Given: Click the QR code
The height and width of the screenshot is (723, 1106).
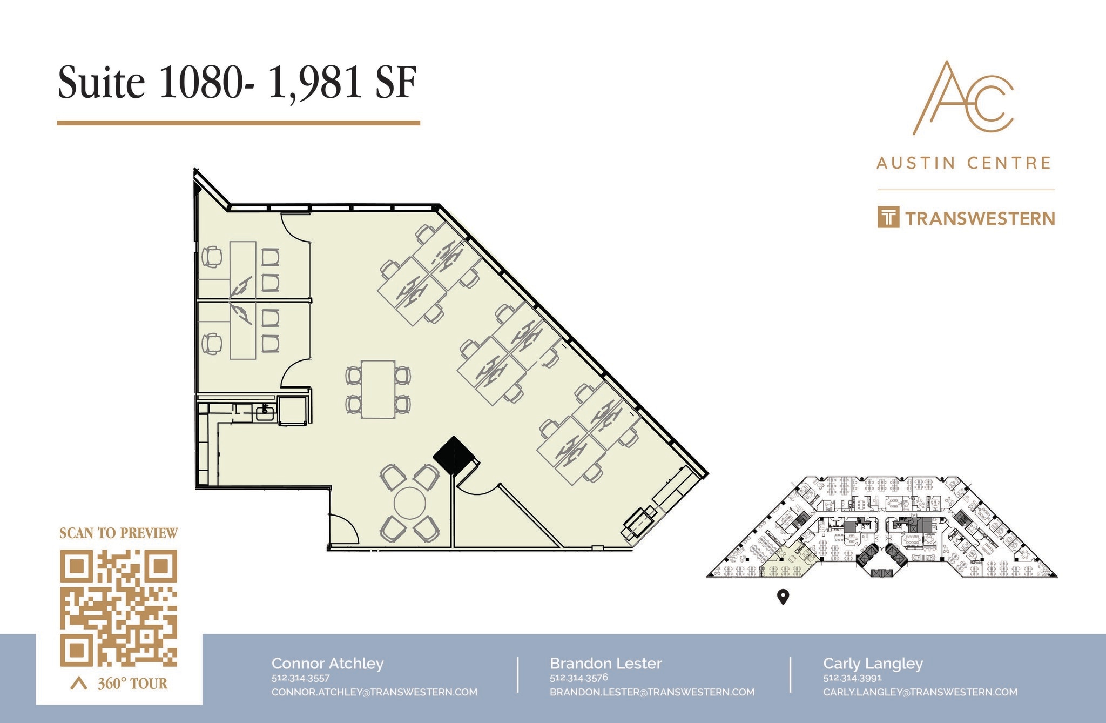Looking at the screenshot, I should tap(118, 607).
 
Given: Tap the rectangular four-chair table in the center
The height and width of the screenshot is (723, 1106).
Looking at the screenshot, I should tap(378, 389).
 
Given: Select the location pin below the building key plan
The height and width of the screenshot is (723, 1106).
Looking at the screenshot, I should tap(783, 597).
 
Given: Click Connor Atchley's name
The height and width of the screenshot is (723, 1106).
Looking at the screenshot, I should tap(327, 664).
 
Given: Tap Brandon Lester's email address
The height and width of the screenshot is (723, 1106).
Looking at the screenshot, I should tap(652, 692).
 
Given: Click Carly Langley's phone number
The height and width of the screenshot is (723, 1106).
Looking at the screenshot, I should tap(852, 678).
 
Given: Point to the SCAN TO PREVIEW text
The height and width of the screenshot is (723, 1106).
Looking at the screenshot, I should tap(118, 533).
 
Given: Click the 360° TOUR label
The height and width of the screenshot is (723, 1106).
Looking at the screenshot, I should tap(132, 684).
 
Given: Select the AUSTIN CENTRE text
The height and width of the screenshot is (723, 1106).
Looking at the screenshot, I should tap(964, 163).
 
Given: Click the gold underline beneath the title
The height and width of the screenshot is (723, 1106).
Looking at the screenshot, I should tap(238, 123).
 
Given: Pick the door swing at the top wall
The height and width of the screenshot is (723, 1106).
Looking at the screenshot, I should tap(296, 227).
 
